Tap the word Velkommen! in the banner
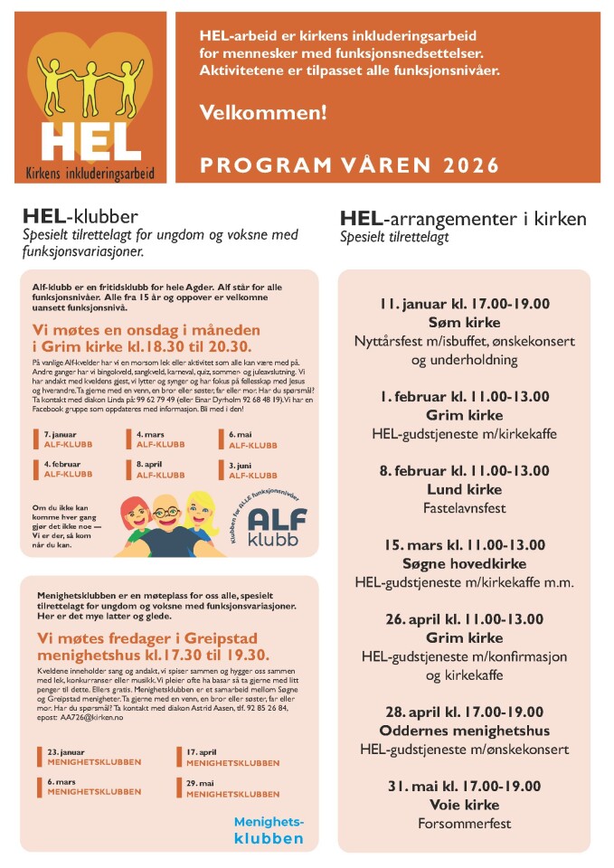pos(262,115)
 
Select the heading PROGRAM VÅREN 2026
pos(349,165)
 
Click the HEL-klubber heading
pos(80,217)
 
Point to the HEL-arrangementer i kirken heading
pos(463,219)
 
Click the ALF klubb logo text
pos(277,526)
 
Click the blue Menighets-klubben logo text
pos(269,830)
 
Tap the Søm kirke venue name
pos(464,323)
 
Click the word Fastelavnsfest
pos(464,508)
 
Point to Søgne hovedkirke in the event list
pos(464,563)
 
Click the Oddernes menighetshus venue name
pos(464,731)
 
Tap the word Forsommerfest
pos(464,824)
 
